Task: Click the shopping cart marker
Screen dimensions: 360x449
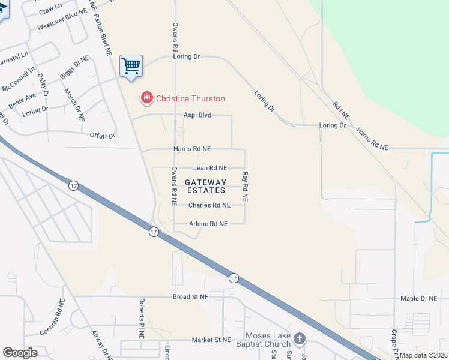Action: (x=131, y=65)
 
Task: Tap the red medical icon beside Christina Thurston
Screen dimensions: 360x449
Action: (x=146, y=98)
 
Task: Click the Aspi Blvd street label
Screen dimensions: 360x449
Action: (x=197, y=115)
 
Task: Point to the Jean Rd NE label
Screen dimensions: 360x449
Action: (x=210, y=169)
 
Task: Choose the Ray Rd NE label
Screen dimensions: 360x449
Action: (x=245, y=187)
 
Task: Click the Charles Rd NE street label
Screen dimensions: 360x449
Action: (x=209, y=205)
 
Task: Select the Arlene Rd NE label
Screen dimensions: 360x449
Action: (x=209, y=224)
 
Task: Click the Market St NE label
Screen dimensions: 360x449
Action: (x=211, y=340)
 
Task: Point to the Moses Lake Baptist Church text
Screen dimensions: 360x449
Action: (x=268, y=340)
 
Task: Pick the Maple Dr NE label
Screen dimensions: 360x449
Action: (x=418, y=298)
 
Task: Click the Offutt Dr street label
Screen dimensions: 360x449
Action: (x=102, y=136)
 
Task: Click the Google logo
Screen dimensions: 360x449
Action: (x=20, y=353)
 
